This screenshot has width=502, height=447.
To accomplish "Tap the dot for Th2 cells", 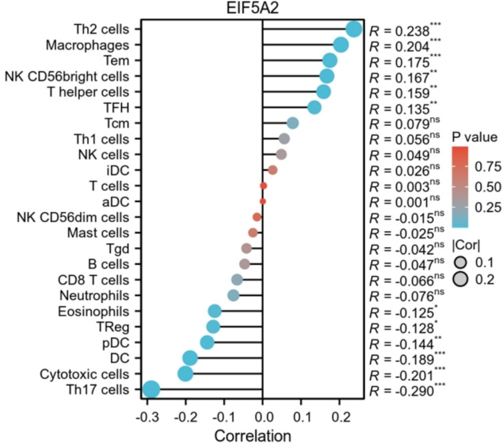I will (x=354, y=29).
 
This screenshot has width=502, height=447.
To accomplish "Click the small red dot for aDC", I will (x=263, y=201).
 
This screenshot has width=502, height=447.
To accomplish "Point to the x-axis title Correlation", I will (x=253, y=436).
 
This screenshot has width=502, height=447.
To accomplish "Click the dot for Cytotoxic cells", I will (x=186, y=373).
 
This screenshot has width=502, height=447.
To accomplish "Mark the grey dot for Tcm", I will (x=293, y=123).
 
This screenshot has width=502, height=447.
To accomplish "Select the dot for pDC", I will (x=207, y=342).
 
